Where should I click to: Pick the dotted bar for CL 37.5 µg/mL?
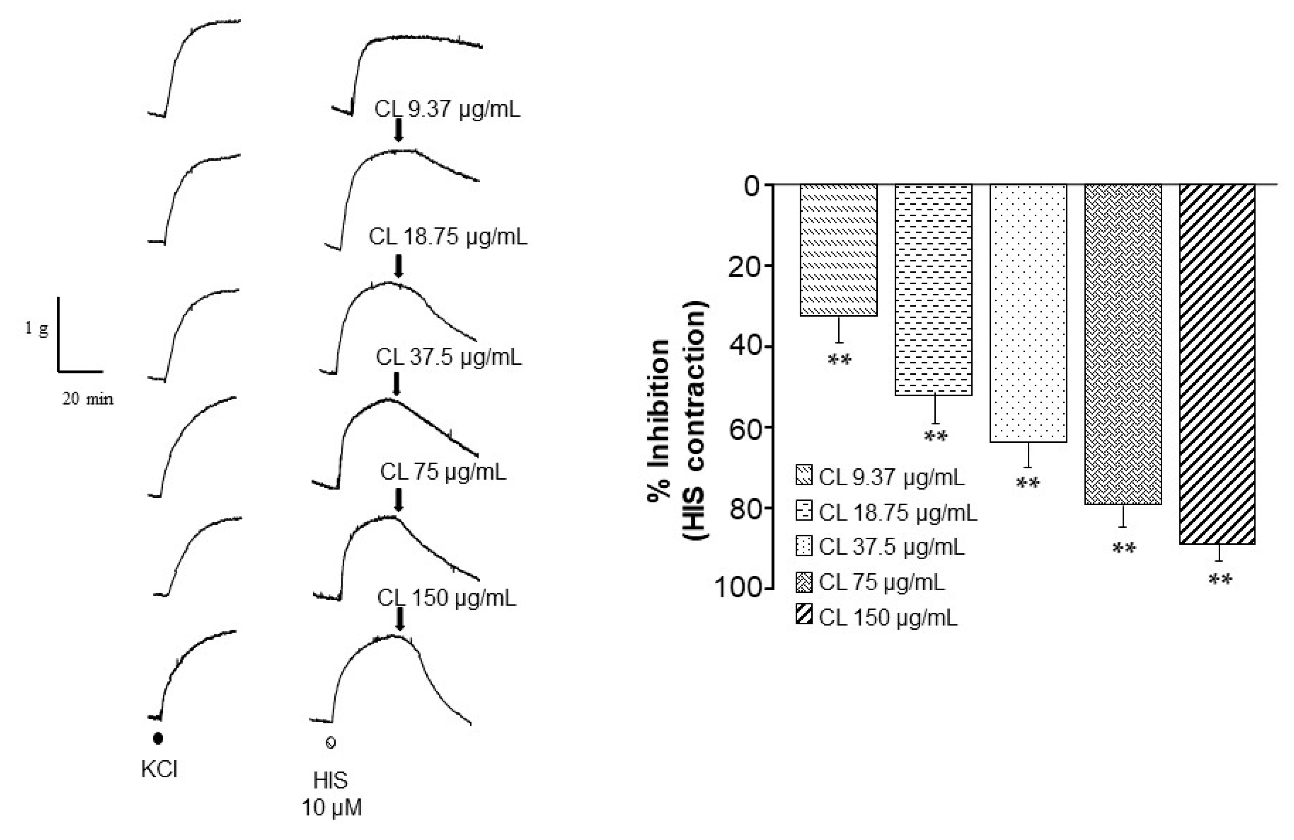coord(1028,313)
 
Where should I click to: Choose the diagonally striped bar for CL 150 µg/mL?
coord(1217,364)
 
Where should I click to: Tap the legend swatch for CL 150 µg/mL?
coord(804,615)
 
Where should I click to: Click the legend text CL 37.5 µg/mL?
coord(892,546)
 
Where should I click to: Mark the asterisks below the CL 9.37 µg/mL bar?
coord(839,360)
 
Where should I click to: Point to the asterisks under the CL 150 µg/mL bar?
coord(1220,581)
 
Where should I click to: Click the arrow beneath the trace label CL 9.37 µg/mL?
coord(399,131)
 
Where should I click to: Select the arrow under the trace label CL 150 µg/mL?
coord(400,619)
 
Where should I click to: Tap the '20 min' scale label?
coord(88,399)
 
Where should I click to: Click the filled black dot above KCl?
coord(158,739)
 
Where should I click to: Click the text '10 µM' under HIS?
coord(332,808)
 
